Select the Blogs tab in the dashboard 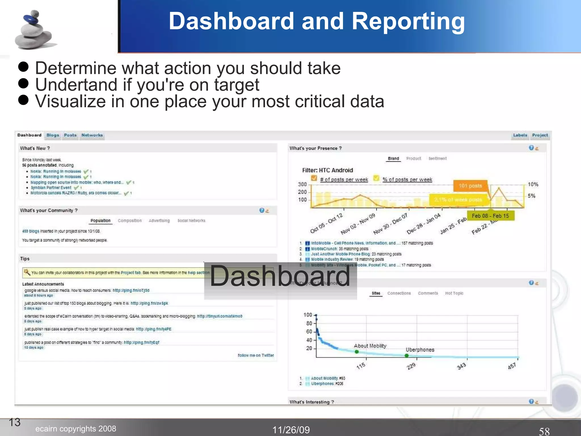click(53, 135)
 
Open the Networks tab click(92, 135)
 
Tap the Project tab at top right click(540, 135)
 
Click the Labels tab click(520, 135)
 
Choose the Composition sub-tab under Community click(130, 221)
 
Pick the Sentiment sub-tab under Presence click(437, 158)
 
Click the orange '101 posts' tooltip click(470, 186)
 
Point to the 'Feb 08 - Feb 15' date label click(490, 216)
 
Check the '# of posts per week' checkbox click(314, 178)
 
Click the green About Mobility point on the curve click(357, 352)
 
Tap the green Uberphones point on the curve click(407, 356)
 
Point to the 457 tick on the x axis click(512, 366)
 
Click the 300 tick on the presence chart click(302, 184)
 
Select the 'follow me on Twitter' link click(256, 355)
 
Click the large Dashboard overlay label click(280, 276)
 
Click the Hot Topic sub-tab click(454, 293)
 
